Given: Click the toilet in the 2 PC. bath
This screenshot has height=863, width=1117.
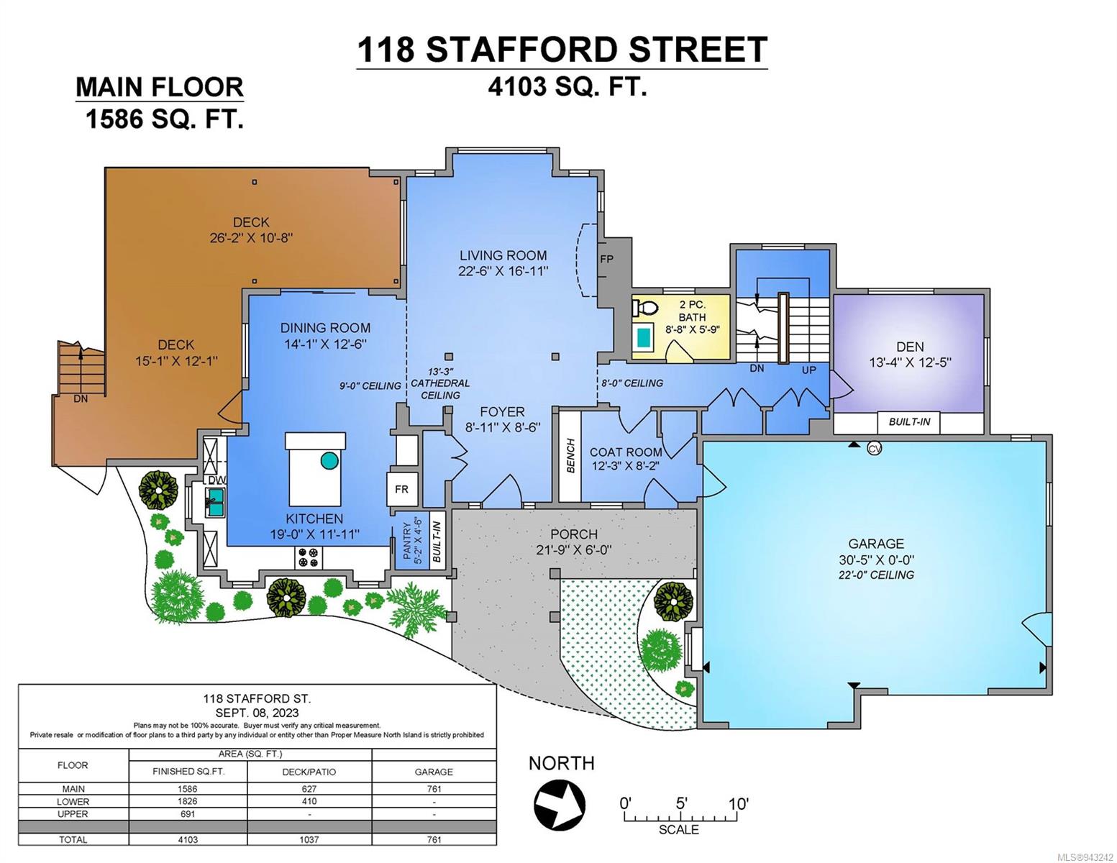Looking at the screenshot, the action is (x=645, y=308).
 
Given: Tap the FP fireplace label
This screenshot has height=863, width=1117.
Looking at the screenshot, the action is (x=606, y=258).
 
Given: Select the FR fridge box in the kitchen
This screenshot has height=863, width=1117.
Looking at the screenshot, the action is (x=401, y=489).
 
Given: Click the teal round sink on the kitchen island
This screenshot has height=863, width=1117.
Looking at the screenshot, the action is (x=329, y=460).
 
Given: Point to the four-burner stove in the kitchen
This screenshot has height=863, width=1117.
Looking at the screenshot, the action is (x=309, y=557).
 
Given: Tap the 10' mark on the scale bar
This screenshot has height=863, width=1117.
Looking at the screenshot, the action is (x=738, y=803).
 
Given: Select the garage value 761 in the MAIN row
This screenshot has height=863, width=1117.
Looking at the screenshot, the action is (x=434, y=788).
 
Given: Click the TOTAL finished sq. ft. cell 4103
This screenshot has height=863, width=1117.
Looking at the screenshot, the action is (x=188, y=839).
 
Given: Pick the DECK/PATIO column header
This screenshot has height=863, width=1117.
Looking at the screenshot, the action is (x=309, y=772).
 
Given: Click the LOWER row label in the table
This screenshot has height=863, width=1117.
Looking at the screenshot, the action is (x=73, y=801).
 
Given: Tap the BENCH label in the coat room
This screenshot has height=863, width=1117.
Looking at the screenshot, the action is (x=570, y=455).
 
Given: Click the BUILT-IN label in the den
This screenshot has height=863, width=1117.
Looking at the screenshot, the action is (x=909, y=422).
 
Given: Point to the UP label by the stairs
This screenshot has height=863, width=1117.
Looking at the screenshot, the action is (x=809, y=370).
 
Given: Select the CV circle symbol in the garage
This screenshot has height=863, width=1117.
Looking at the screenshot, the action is (x=875, y=449).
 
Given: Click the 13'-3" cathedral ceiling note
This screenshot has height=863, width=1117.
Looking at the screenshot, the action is (x=440, y=383).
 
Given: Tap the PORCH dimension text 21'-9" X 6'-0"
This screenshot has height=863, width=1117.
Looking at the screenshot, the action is (x=574, y=549).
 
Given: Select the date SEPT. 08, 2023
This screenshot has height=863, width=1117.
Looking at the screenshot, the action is (x=257, y=713).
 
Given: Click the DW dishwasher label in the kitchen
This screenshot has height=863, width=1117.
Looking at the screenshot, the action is (x=217, y=480).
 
